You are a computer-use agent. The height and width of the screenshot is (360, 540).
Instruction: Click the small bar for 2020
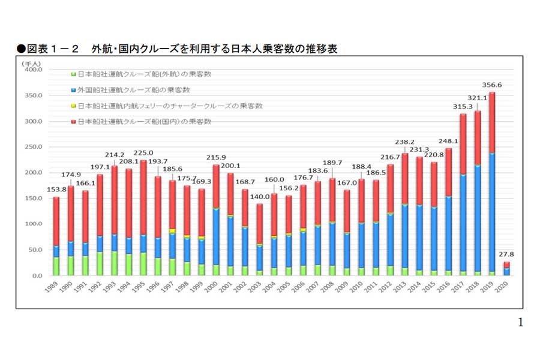[506, 268]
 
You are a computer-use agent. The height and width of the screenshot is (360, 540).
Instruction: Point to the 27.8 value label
[506, 254]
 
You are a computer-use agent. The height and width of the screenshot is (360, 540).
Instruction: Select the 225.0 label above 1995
[143, 152]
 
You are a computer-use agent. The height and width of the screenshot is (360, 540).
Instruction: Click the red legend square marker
[73, 122]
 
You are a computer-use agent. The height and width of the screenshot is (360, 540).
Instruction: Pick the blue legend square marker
[73, 90]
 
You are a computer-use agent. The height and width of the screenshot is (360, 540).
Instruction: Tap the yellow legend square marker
[73, 106]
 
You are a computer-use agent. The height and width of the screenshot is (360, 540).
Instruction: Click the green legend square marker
[73, 74]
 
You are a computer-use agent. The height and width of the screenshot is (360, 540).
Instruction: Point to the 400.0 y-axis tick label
[32, 70]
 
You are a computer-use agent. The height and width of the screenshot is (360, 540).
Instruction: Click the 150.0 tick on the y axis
[32, 199]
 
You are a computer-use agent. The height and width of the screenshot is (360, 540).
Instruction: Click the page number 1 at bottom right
[520, 323]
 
